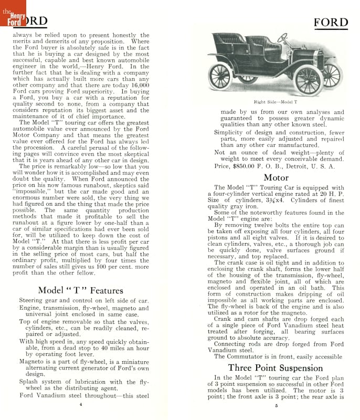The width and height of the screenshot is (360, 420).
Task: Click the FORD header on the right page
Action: click(x=331, y=23)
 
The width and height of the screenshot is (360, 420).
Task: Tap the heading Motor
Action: click(x=276, y=178)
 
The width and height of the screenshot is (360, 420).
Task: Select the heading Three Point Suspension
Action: click(x=276, y=367)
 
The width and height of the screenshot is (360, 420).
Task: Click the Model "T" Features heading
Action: click(x=80, y=290)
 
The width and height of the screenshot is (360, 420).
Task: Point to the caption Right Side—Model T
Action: click(x=276, y=102)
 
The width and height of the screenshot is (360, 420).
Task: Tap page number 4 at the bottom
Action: click(x=80, y=405)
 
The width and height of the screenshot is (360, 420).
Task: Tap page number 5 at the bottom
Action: click(x=276, y=405)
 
